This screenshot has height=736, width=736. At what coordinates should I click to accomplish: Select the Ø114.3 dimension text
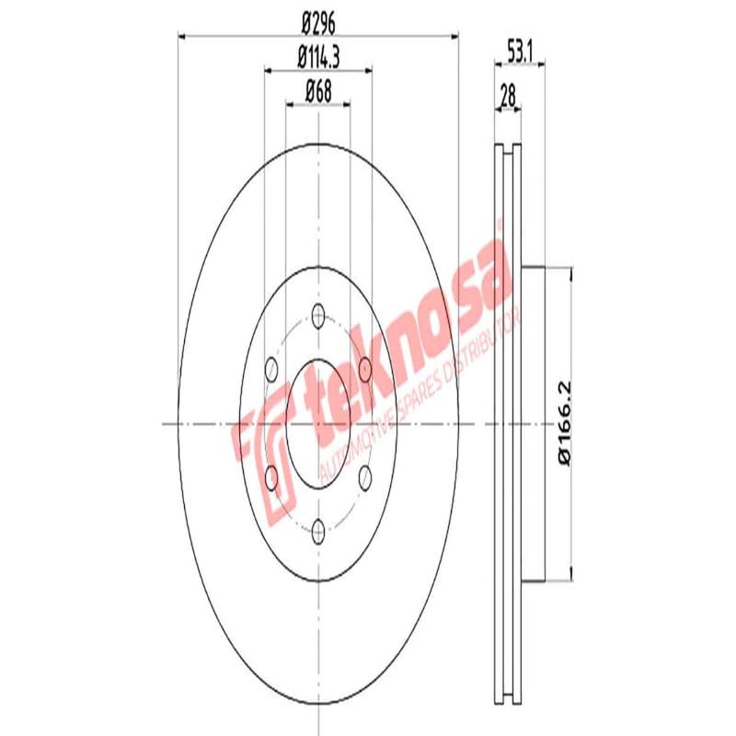317,56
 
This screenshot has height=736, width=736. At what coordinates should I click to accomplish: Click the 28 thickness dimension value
507,93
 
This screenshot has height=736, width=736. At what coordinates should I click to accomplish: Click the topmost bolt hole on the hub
318,318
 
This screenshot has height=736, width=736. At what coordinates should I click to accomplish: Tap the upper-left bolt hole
271,371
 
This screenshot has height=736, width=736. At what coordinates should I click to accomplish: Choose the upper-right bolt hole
365,371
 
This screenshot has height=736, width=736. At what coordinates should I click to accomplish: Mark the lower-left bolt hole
271,476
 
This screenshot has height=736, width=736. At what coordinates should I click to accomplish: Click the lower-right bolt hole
365,476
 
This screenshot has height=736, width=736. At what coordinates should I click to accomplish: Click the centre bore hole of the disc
318,423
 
